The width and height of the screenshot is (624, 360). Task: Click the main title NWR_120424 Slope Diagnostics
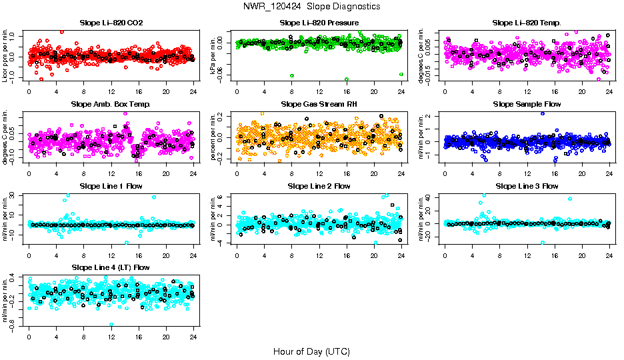click(x=311, y=6)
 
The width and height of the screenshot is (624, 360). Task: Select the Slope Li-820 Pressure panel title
click(x=319, y=23)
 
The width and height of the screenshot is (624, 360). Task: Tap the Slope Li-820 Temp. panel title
click(x=527, y=23)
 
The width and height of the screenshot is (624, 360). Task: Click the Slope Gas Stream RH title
click(x=319, y=105)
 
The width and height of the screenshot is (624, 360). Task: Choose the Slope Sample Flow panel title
click(x=527, y=105)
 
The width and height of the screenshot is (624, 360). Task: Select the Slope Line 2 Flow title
click(x=319, y=186)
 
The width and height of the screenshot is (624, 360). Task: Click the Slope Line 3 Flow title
click(x=527, y=186)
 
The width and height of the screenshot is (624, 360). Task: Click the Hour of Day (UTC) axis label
click(x=311, y=351)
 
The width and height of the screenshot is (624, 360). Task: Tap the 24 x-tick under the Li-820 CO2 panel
click(x=193, y=92)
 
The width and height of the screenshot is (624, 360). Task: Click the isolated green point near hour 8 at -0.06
click(x=291, y=75)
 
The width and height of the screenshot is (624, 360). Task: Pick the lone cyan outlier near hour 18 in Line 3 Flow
click(x=570, y=199)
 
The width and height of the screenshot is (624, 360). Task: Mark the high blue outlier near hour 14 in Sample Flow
click(x=543, y=113)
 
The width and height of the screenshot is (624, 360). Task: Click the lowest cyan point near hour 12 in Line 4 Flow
click(x=111, y=324)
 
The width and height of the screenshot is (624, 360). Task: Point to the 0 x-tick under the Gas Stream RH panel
click(x=237, y=173)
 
